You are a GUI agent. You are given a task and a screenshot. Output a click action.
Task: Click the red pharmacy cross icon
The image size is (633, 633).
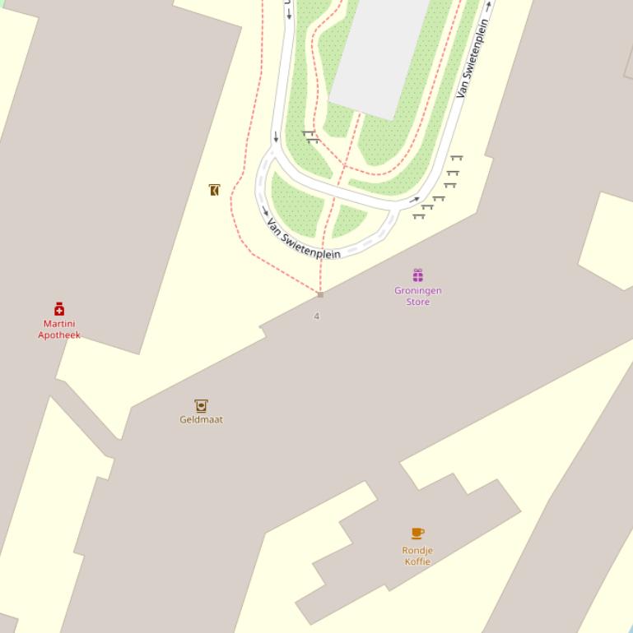coord(59,309)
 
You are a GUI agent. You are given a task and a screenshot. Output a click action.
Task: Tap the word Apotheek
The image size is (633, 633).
coord(59,335)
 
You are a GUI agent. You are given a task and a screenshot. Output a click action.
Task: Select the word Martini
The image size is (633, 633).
coord(59,324)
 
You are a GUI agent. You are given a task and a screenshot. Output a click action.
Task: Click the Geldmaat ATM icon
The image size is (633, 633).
coord(201,405)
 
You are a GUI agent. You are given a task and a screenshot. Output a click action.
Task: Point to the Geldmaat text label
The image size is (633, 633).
coord(201,419)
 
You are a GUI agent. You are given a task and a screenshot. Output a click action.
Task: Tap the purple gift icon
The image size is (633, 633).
coord(418,275)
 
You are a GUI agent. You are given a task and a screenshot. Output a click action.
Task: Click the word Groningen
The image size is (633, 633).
coord(418,290)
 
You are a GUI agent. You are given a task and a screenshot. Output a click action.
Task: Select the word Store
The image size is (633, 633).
coord(418,302)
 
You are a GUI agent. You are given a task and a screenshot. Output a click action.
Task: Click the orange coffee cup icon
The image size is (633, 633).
coord(418,534)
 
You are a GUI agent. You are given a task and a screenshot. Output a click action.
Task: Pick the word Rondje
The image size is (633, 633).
coord(417,550)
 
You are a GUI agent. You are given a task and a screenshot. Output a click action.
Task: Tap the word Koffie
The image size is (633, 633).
coord(417,561)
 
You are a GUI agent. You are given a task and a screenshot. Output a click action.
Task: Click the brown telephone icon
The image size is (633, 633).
coord(215,190)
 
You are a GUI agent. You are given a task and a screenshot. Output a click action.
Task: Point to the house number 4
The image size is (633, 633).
coord(316,316)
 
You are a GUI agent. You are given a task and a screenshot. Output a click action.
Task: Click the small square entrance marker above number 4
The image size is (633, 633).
coord(320,294)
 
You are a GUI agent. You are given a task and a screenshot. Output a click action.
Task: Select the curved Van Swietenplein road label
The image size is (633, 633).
coord(303,238)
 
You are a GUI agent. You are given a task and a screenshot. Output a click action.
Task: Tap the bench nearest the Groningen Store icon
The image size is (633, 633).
coord(419,216)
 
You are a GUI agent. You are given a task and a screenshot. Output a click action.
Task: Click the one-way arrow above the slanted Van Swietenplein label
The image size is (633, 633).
coord(489,6)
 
